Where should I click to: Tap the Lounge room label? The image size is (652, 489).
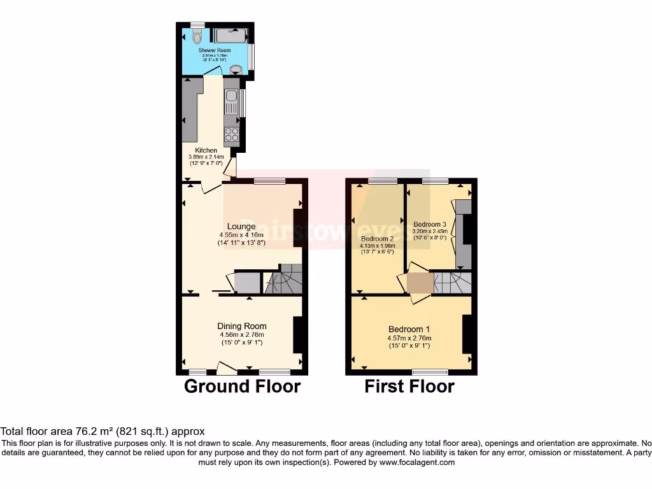241,226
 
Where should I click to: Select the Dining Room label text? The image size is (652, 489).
241,326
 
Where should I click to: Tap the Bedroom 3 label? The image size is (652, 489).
430,224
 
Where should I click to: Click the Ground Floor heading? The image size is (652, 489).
242,386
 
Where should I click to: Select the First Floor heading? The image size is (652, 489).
409,386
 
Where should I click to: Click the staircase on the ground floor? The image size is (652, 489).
284,280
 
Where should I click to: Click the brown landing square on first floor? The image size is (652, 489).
419,283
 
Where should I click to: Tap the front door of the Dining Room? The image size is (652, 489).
226,367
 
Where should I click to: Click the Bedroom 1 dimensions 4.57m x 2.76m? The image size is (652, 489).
409,338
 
